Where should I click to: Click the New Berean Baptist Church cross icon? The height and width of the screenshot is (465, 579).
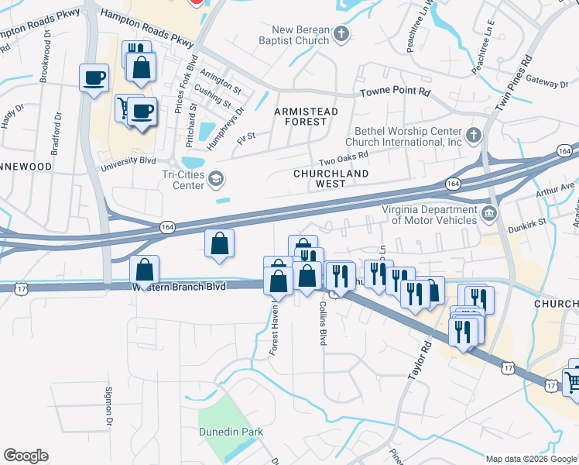pos(342,33)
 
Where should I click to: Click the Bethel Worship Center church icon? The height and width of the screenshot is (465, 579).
pos(475,136)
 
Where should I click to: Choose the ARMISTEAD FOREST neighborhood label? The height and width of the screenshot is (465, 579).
pos(307,116)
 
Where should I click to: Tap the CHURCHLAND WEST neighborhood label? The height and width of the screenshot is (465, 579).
pos(319,178)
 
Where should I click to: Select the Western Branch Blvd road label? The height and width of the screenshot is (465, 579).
pos(179,287)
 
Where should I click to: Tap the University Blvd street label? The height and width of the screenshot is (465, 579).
pos(128,160)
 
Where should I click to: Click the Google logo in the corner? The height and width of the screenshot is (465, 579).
pos(26,455)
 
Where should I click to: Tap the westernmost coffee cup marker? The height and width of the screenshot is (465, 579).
pos(94,78)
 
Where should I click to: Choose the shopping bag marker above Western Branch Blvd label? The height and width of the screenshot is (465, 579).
pos(144,270)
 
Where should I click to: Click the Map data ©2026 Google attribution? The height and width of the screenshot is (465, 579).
pos(530,459)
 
